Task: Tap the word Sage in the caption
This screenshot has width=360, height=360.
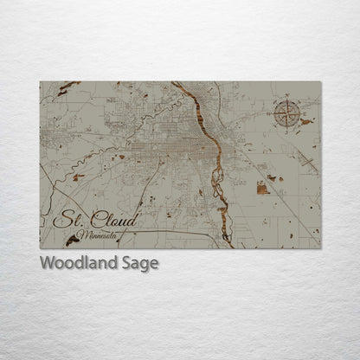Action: (x=137, y=264)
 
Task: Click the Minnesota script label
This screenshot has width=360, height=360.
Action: (x=97, y=235)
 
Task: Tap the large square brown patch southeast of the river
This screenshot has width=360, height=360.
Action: (x=262, y=188)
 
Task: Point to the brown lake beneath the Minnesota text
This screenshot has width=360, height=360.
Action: (x=72, y=241)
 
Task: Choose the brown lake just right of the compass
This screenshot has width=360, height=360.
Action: (x=306, y=122)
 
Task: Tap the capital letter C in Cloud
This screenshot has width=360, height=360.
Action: (x=98, y=220)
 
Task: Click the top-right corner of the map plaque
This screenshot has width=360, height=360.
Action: (x=320, y=82)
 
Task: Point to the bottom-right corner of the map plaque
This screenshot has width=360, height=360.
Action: (x=320, y=248)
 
